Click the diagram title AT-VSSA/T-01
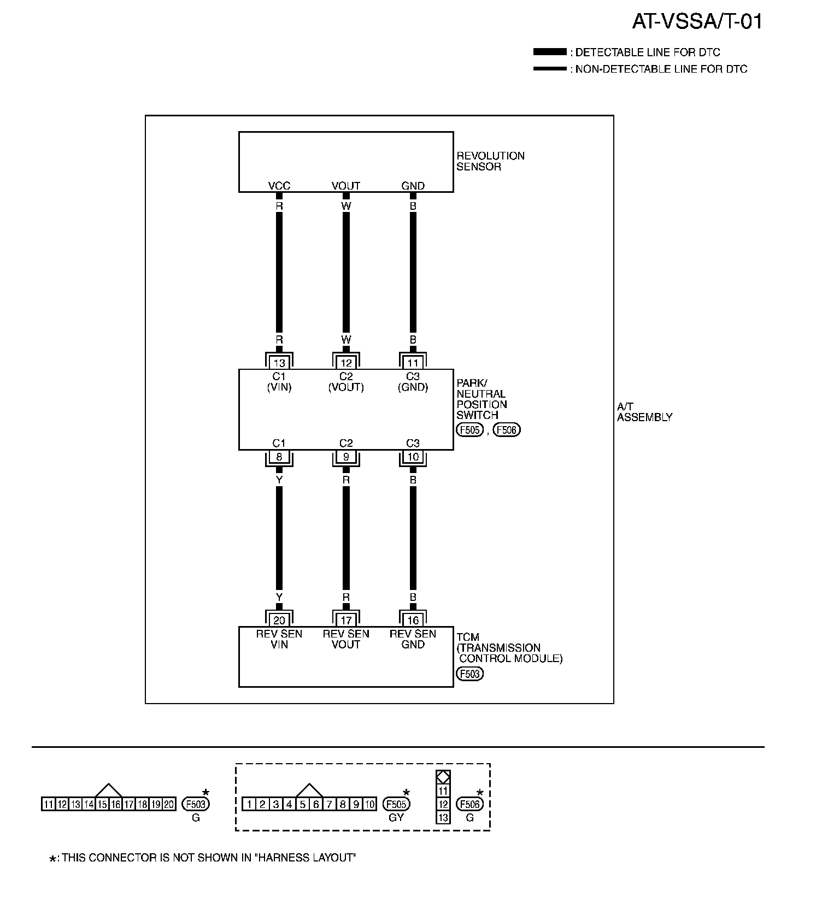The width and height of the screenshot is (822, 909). pos(697,22)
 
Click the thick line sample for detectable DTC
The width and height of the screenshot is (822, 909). pos(550,52)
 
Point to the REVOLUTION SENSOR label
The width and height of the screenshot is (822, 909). pos(490,161)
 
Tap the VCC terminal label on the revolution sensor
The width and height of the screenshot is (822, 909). pos(279,186)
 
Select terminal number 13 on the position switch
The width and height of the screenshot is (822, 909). pos(279,363)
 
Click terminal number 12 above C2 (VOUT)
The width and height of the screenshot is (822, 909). pos(346,363)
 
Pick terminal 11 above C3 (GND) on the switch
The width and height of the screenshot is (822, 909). pos(413,363)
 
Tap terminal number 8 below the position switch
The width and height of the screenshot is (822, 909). pos(279,457)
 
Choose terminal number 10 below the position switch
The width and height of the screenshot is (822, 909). pos(413,457)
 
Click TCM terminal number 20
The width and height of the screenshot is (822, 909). pos(279,620)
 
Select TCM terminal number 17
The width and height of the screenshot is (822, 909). pos(346,620)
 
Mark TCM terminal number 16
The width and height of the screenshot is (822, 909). pos(413,620)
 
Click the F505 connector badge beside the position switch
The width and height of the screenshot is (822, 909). pos(469,430)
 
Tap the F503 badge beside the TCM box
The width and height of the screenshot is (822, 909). pos(469,674)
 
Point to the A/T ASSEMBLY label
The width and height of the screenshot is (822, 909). pos(644,412)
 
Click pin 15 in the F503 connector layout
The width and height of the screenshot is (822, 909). pos(102,804)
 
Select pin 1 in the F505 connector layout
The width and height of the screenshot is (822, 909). pos(249,804)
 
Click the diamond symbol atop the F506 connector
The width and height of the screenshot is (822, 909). pos(443,776)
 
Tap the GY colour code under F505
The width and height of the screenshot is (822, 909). pos(396,818)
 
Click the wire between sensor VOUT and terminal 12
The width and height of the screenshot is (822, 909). pos(346,273)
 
